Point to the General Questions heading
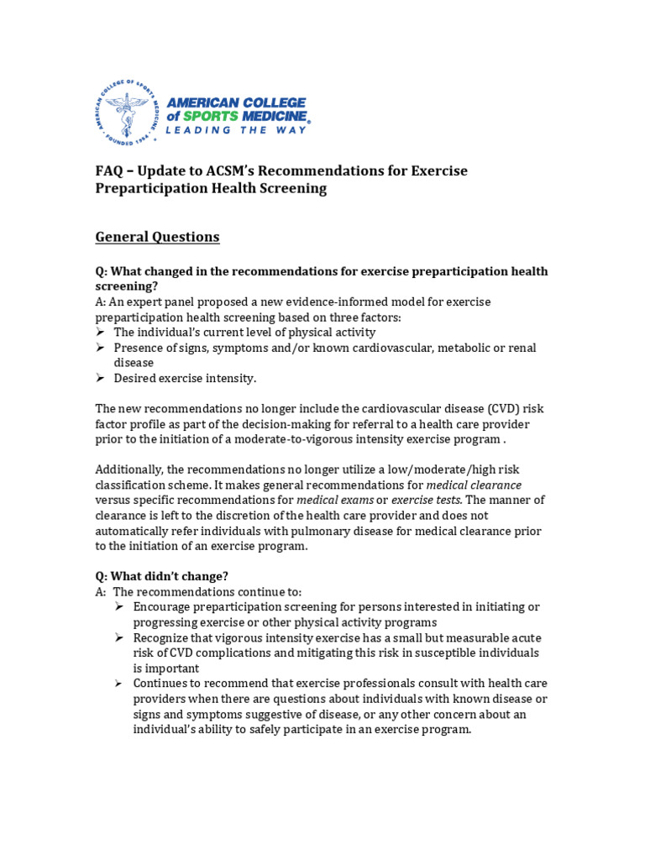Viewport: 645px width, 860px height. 157,237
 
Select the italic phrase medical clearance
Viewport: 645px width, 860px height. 475,485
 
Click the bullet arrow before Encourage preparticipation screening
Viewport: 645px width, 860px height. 121,607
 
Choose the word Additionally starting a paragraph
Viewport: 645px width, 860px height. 133,469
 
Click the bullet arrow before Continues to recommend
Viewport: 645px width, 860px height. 121,684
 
